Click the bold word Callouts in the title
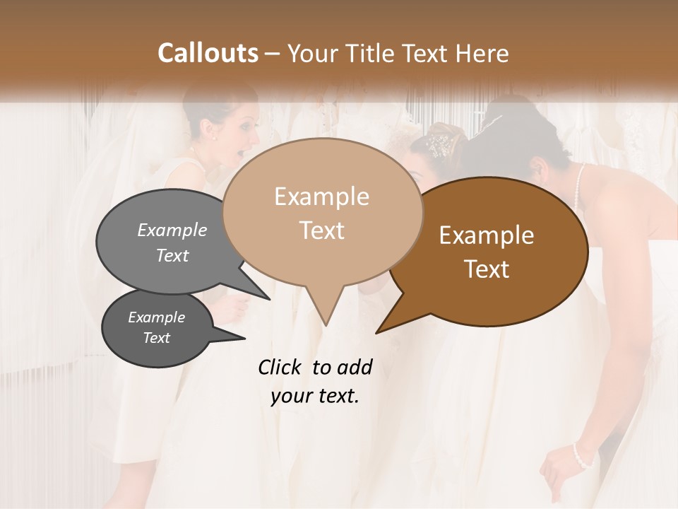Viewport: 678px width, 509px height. point(208,53)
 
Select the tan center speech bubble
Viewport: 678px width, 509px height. point(322,212)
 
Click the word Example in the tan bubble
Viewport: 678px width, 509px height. point(322,197)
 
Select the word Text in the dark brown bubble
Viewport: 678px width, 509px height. point(487,269)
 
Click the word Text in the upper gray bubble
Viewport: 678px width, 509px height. point(172,256)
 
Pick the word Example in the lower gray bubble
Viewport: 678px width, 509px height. point(156,317)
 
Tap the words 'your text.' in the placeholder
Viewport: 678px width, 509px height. point(315,397)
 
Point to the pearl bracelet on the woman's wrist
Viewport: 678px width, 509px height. point(582,455)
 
